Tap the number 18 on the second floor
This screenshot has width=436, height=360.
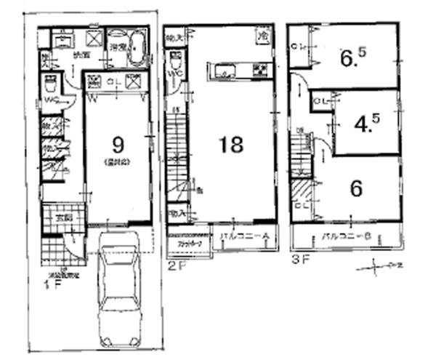(x=231, y=144)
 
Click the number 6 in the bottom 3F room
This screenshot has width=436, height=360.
(x=356, y=188)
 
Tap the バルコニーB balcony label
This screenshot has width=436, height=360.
(x=347, y=237)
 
